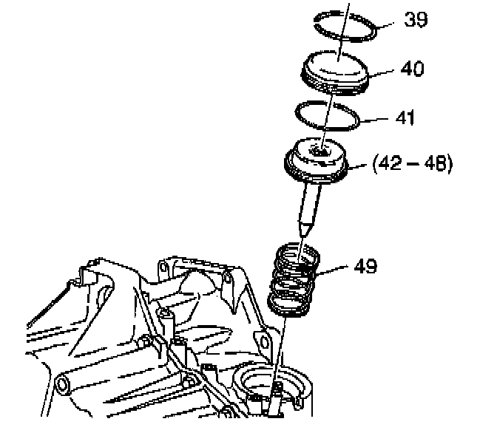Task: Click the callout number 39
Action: click(x=416, y=20)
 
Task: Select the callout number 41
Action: click(x=405, y=117)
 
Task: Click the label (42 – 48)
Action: click(x=413, y=164)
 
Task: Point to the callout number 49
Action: click(x=365, y=266)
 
